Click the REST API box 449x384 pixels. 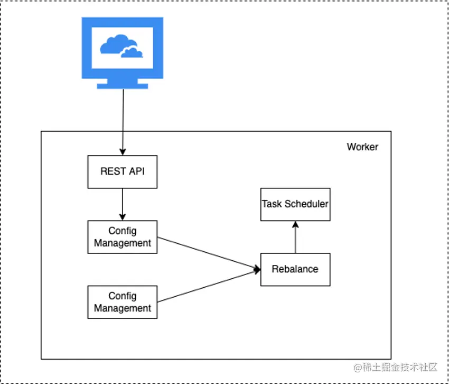click(122, 172)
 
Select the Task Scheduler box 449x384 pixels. click(295, 204)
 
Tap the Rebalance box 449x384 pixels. click(295, 269)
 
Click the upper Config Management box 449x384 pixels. click(122, 237)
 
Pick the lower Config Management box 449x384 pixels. click(122, 302)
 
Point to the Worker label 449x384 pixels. click(362, 147)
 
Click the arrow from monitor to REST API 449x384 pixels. click(123, 122)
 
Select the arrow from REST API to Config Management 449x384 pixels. click(122, 205)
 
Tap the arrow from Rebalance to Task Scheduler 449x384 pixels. click(295, 237)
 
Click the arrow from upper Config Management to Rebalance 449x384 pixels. click(209, 253)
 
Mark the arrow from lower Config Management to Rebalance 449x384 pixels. click(209, 286)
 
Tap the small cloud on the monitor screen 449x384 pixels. click(132, 52)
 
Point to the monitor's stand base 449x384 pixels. click(122, 86)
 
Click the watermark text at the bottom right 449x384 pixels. click(396, 368)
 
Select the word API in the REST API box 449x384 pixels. click(137, 171)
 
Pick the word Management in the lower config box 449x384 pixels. click(122, 308)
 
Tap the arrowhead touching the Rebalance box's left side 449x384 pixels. click(257, 269)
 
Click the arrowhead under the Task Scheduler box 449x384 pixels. click(295, 224)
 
